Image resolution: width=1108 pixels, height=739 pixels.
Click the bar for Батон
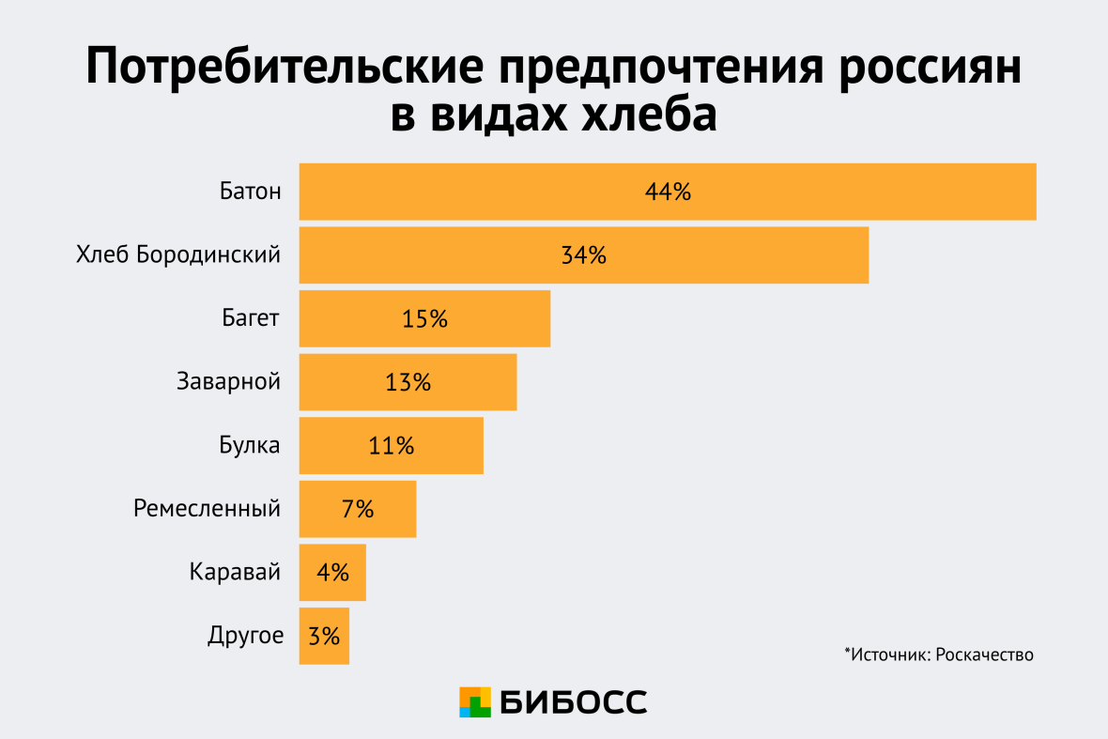click(x=667, y=192)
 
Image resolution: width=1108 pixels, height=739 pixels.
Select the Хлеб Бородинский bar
click(x=583, y=254)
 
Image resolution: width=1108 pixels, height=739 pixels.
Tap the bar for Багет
click(x=424, y=318)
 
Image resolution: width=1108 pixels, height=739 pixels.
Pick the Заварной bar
click(x=408, y=382)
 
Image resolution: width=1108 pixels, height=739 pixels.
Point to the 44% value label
click(x=668, y=192)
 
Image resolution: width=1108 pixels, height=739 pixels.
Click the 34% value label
click(x=583, y=254)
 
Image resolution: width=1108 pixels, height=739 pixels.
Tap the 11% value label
click(x=391, y=446)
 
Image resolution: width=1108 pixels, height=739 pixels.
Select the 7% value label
click(x=358, y=509)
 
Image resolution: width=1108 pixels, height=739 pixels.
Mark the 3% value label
click(x=324, y=637)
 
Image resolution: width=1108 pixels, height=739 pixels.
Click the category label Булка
click(x=243, y=446)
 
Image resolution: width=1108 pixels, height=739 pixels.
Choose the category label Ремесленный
click(x=207, y=509)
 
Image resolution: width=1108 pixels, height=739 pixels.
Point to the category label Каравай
click(x=234, y=572)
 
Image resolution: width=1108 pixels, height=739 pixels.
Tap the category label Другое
click(x=244, y=637)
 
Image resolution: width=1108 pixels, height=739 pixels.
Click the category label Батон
click(x=249, y=192)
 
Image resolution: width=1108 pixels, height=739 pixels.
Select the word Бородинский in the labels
click(x=208, y=254)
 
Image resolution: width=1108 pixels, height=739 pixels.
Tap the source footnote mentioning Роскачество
click(x=938, y=654)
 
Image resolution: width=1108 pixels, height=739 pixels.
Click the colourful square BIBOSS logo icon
click(x=475, y=701)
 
